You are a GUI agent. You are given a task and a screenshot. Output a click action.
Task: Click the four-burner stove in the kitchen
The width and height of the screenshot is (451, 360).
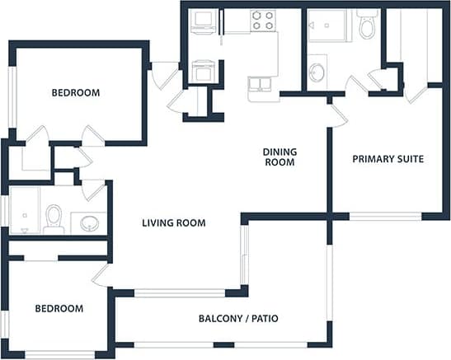262,21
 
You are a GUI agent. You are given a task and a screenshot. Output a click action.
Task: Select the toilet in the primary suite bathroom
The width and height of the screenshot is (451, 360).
367,26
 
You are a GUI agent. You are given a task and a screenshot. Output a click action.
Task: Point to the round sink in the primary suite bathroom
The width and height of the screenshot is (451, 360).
317,72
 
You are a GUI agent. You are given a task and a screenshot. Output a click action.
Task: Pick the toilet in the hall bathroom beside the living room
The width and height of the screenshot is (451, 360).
54,218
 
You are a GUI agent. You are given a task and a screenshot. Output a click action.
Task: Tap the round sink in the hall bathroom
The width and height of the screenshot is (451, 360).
88,222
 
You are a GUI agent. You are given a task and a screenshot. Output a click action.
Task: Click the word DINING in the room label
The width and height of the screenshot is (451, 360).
280,152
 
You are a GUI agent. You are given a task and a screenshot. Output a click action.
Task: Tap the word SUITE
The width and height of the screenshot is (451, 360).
410,158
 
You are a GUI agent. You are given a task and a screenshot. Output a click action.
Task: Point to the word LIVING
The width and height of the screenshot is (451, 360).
157,222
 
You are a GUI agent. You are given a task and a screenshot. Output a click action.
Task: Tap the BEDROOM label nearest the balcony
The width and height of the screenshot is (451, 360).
59,308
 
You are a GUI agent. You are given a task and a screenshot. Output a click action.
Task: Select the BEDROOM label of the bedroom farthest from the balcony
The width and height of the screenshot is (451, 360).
76,92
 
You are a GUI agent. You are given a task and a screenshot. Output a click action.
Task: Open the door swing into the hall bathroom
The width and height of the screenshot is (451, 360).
95,189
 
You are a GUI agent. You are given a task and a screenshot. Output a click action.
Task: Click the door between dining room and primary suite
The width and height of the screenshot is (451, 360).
336,115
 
